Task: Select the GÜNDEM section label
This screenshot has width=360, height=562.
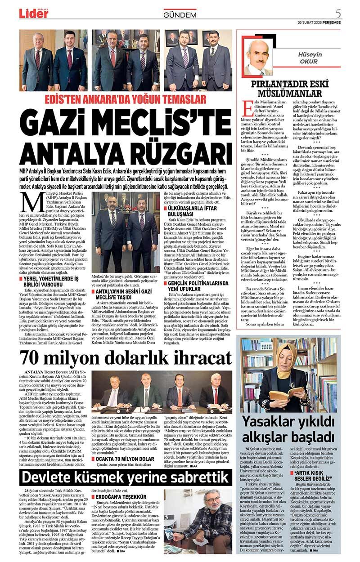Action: tap(180, 15)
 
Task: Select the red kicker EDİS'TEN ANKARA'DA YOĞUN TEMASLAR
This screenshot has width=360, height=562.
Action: tap(126, 99)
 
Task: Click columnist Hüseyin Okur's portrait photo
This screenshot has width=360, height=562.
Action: tap(259, 57)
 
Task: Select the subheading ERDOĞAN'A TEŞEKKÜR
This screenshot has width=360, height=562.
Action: tap(117, 497)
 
